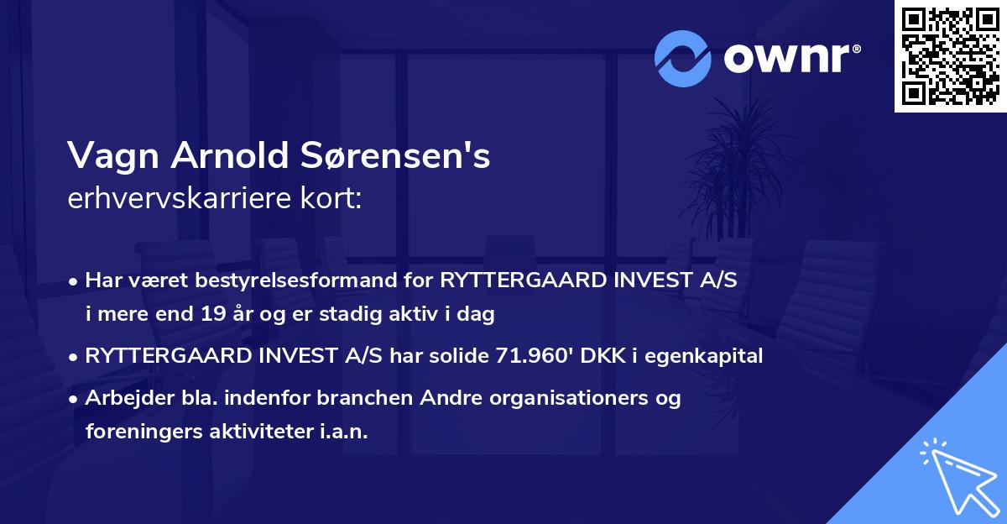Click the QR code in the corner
click(x=949, y=55)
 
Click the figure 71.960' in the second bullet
click(x=522, y=356)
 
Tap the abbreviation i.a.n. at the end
click(x=342, y=432)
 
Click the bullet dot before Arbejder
click(x=75, y=398)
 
